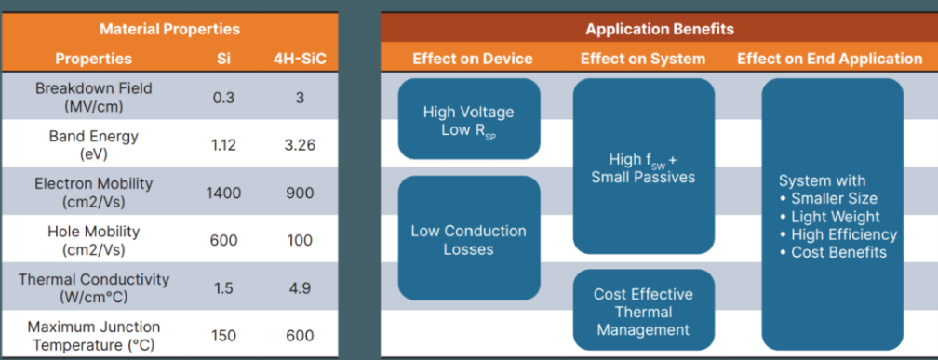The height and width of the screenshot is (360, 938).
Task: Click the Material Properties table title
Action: click(x=169, y=29)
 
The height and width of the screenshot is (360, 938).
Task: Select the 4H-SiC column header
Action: click(x=300, y=59)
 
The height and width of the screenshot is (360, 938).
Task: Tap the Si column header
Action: click(x=223, y=59)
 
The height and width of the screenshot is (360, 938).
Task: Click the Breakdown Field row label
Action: click(x=94, y=97)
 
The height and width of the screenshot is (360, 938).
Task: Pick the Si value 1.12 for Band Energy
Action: click(x=223, y=145)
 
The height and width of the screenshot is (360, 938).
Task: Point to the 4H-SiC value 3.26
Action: click(x=300, y=145)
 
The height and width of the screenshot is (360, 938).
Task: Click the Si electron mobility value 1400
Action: click(x=223, y=193)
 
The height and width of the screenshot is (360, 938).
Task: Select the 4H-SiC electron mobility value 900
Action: click(x=300, y=193)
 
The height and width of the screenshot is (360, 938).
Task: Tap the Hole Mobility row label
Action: click(x=93, y=240)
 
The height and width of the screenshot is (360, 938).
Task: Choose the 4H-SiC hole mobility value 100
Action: click(x=300, y=240)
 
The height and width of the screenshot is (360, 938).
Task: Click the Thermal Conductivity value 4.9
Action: click(x=300, y=287)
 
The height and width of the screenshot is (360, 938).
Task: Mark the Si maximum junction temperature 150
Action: click(x=223, y=336)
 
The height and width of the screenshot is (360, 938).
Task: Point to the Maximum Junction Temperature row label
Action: click(x=94, y=336)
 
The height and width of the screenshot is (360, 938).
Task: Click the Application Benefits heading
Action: click(x=659, y=29)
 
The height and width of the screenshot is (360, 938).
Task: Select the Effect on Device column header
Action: click(x=473, y=59)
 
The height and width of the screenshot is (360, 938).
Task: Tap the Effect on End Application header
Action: click(x=830, y=59)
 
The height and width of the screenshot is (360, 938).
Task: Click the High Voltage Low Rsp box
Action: click(x=469, y=119)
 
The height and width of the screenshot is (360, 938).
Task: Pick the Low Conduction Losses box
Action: click(x=469, y=238)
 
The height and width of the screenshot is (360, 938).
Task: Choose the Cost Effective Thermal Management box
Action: click(x=644, y=310)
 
